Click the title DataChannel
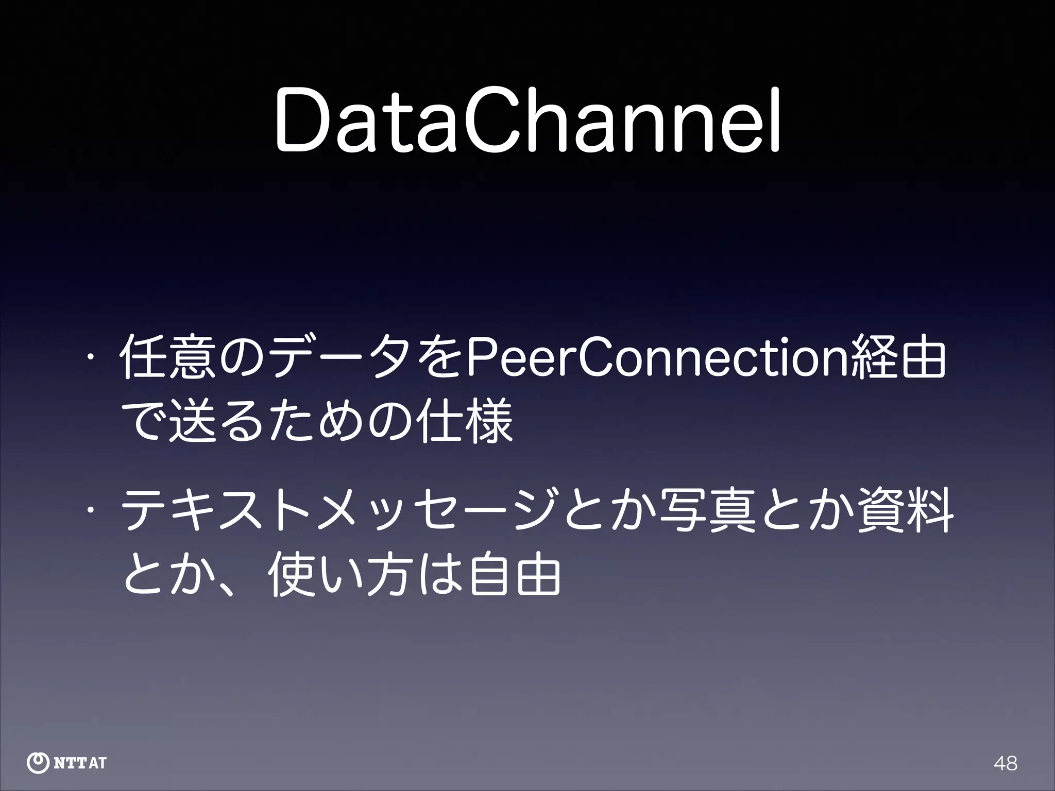(527, 122)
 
